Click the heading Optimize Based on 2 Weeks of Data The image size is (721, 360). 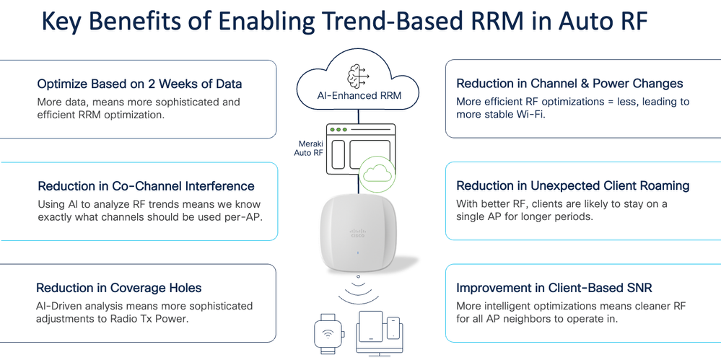point(139,84)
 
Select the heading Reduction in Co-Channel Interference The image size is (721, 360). point(145,186)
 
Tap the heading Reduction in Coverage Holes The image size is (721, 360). point(119,288)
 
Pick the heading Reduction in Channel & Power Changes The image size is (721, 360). point(569,84)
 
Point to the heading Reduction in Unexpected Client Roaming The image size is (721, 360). point(572,186)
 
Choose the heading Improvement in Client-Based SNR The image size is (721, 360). point(554,288)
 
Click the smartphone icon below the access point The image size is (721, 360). point(393,328)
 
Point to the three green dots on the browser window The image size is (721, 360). point(341,130)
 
